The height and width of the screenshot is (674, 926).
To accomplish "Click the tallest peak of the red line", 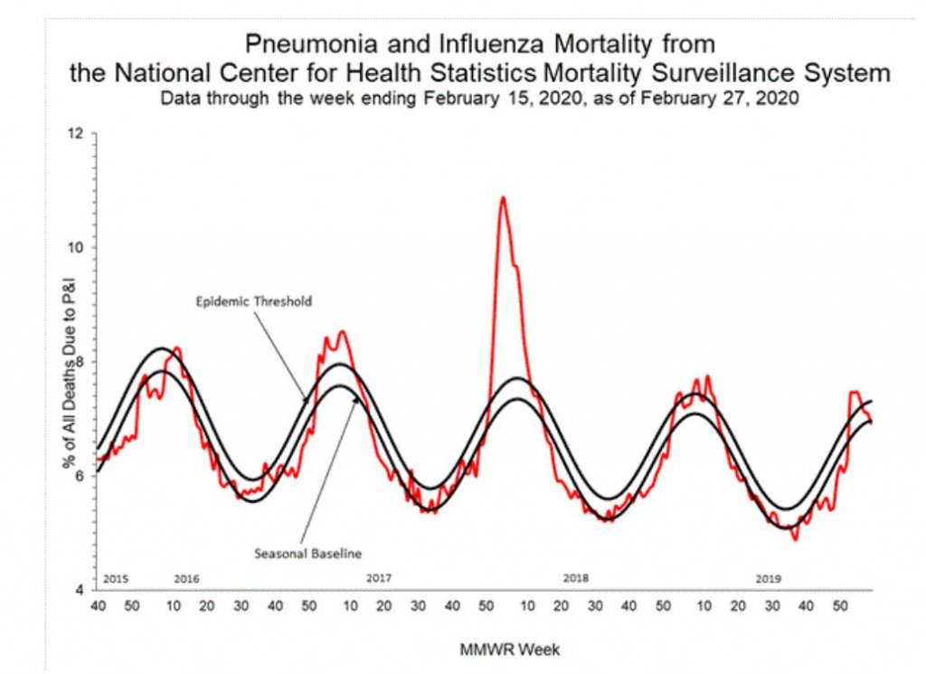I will click(503, 197).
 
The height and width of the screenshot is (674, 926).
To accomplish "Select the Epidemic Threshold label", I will click(254, 301).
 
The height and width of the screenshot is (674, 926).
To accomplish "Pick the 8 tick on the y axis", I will click(80, 362).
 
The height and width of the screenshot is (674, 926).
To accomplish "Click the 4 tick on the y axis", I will click(80, 590).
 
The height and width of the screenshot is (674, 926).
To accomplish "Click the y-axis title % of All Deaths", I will click(68, 363).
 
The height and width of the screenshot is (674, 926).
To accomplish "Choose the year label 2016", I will click(186, 577).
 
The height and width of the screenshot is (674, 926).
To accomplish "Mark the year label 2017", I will click(379, 577).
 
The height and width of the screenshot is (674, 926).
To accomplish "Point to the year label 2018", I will click(576, 577).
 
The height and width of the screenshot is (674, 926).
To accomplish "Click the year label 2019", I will click(769, 577).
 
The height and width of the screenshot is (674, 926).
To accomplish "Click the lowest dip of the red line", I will click(795, 540).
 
